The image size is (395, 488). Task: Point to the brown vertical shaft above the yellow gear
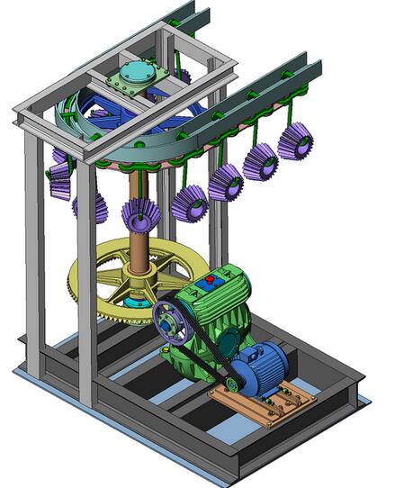140,243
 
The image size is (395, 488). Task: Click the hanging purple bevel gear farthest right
295,141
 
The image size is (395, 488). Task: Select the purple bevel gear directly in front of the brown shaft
140,215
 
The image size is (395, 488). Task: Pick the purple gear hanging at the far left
60,180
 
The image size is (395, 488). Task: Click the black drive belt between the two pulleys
202,356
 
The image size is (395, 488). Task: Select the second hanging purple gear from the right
260,161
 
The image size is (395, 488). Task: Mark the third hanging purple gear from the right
225,183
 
